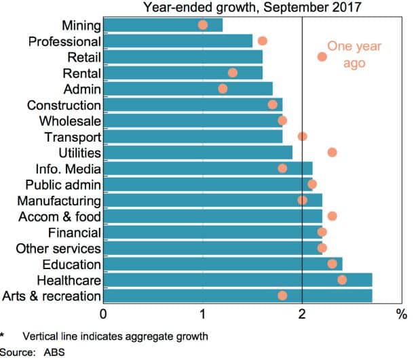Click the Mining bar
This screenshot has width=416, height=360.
[x=163, y=26]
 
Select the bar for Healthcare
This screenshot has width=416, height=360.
[x=238, y=280]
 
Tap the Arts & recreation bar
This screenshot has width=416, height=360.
[x=238, y=296]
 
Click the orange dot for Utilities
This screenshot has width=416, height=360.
[x=332, y=152]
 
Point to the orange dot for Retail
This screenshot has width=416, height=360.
[x=322, y=57]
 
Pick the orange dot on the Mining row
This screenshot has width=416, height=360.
[x=202, y=25]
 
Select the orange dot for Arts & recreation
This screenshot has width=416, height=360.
[x=282, y=296]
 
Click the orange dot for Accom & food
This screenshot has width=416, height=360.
[x=332, y=216]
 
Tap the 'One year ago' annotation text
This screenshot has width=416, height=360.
[x=354, y=54]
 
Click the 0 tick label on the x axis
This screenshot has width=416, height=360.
[x=103, y=315]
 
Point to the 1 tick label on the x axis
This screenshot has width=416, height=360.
[x=203, y=315]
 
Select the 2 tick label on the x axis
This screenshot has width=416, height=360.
[x=302, y=315]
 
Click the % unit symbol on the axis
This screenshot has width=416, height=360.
[x=400, y=315]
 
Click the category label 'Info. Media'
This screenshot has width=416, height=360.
[x=68, y=169]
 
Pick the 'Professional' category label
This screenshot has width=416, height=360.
[x=64, y=41]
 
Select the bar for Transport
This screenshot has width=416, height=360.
[x=193, y=137]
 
